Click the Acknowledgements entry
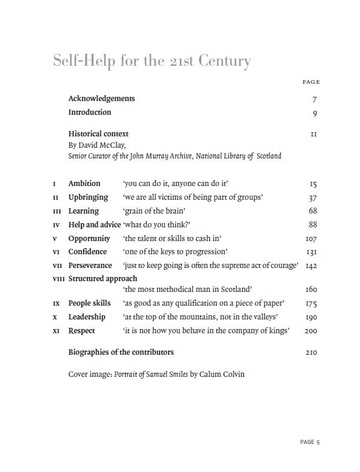[x=102, y=99]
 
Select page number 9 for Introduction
[x=315, y=112]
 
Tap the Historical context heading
[x=98, y=134]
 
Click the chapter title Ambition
[x=84, y=183]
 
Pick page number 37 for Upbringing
[x=313, y=197]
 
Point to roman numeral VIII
[x=58, y=279]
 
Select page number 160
[x=311, y=290]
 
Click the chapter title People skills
[x=90, y=303]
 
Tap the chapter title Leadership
[x=87, y=317]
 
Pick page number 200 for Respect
[x=311, y=331]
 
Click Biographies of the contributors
[x=121, y=352]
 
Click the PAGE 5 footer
[x=310, y=442]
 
